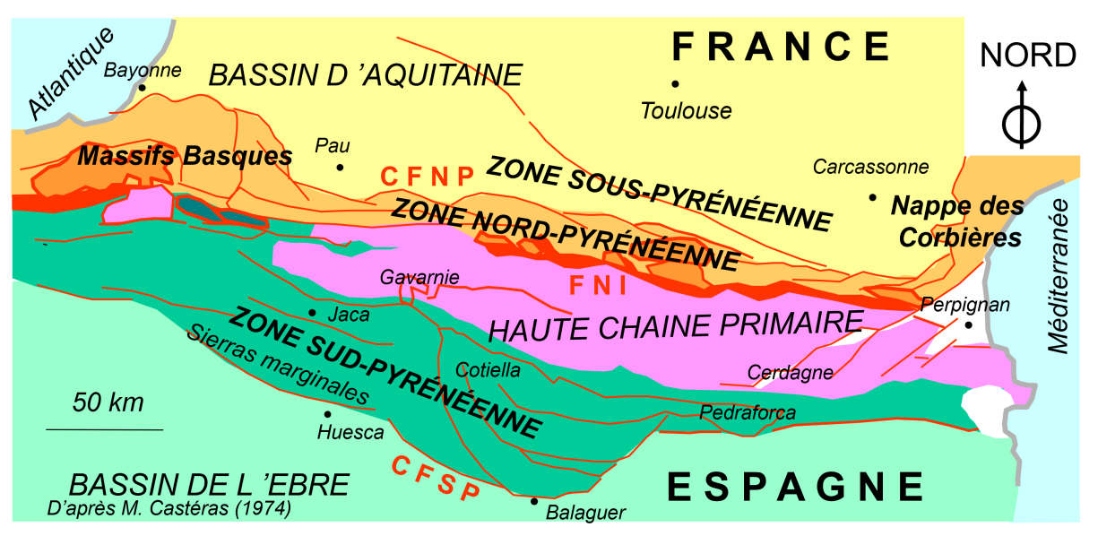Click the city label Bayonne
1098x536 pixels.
143,70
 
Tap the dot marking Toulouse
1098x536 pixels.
675,84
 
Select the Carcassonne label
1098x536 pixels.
870,167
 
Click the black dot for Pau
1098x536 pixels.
340,168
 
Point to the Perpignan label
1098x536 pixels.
965,305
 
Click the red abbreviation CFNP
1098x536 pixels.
427,177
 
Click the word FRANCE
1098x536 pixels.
782,46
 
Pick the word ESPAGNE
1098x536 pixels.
796,487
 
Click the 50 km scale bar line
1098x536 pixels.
105,430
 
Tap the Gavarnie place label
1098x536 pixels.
419,277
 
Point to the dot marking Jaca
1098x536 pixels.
311,313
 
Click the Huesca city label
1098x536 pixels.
350,432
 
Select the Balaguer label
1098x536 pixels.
585,513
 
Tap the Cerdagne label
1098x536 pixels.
790,372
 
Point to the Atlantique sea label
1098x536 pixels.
72,73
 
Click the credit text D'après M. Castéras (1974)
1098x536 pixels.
169,509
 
